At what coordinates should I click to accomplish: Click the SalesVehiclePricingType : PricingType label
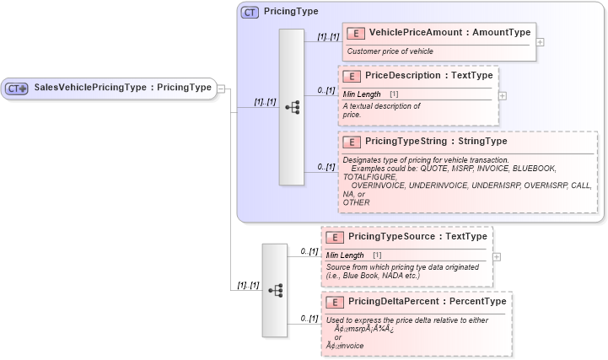[x=122, y=88]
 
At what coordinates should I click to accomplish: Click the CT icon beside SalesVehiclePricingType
[x=17, y=88]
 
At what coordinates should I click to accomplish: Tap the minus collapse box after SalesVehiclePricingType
[x=221, y=88]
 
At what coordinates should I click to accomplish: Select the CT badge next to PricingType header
[x=250, y=12]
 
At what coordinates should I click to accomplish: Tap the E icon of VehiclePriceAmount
[x=356, y=33]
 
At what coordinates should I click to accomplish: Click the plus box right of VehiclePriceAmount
[x=540, y=41]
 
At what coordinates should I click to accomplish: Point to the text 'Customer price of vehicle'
[x=390, y=51]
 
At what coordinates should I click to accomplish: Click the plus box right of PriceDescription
[x=503, y=95]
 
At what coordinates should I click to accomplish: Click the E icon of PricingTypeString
[x=352, y=142]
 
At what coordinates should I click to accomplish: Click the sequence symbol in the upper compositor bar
[x=292, y=107]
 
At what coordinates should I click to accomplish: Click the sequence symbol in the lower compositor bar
[x=275, y=289]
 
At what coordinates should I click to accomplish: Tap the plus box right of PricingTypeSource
[x=497, y=256]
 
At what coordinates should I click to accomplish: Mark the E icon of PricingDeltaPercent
[x=335, y=302]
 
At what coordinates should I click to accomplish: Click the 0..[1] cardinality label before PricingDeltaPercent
[x=309, y=318]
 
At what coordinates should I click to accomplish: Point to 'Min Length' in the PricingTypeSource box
[x=345, y=255]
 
